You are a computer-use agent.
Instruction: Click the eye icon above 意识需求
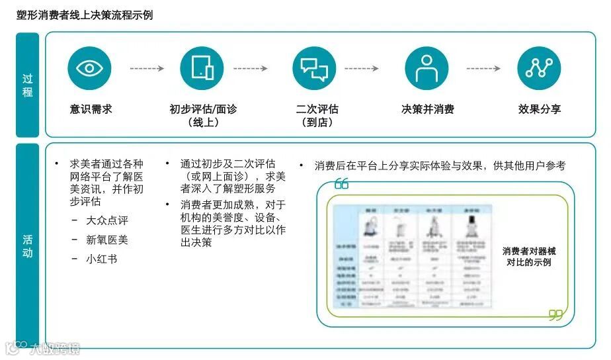coord(89,68)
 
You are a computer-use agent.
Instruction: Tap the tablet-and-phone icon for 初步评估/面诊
coord(202,68)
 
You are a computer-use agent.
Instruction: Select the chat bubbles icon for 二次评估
coord(314,68)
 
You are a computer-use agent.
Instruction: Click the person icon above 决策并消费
coord(427,68)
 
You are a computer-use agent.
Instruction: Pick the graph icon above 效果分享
coord(539,68)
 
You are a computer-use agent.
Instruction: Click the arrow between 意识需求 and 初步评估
coord(145,68)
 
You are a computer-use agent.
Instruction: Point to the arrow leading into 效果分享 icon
coord(483,68)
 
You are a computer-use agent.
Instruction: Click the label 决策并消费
coord(427,109)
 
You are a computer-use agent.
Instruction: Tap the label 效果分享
coord(540,109)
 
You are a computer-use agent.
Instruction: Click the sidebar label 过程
coord(28,85)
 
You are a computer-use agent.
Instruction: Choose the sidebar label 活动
coord(28,246)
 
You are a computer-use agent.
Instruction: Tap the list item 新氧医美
coord(106,240)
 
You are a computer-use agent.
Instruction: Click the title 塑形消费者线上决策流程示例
coord(85,15)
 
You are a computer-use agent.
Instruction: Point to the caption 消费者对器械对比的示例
coord(529,256)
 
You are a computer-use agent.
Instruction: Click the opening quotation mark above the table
coord(341,183)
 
